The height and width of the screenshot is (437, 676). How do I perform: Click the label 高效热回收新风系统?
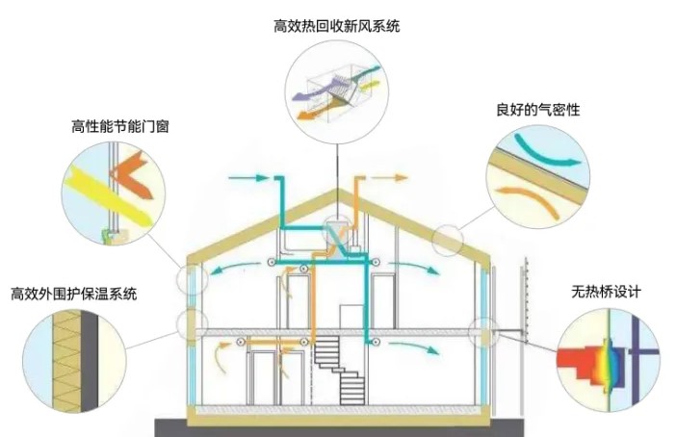point(337,27)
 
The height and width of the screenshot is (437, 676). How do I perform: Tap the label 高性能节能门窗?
point(120,126)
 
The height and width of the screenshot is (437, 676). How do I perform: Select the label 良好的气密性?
point(538,110)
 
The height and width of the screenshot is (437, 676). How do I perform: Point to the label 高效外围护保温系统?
point(74,294)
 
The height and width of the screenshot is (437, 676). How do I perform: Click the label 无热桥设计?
point(606,292)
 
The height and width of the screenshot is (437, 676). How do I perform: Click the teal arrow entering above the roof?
point(247,177)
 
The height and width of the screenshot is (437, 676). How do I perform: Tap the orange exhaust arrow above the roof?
point(389,177)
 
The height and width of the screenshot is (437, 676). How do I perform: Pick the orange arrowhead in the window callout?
point(131,174)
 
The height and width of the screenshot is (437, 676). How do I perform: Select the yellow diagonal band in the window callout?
point(109,197)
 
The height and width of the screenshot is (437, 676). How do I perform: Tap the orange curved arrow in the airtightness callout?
point(530,199)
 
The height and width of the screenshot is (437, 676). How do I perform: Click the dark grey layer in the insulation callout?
point(90,361)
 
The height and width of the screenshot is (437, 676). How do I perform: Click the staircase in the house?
point(338,371)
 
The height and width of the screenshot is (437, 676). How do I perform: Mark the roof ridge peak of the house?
point(338,190)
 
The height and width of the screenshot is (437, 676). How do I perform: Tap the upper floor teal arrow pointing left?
point(236,269)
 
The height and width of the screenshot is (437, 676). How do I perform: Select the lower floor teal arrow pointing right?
point(414,347)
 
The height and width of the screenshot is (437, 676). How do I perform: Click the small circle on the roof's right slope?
point(448,240)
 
